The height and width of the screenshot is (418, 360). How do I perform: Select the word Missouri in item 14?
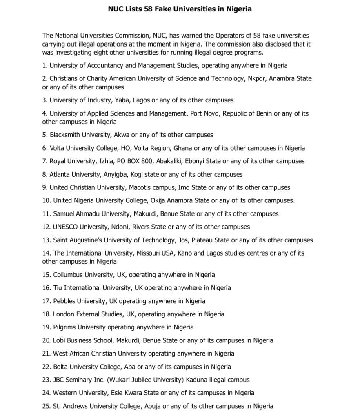click(149, 253)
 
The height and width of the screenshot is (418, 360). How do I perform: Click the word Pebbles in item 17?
click(64, 301)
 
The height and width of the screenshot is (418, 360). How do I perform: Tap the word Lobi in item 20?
click(59, 340)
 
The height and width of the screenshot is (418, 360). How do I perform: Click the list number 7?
click(44, 161)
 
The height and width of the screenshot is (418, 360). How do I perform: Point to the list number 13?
click(46, 240)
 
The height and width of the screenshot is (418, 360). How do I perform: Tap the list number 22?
click(46, 367)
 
